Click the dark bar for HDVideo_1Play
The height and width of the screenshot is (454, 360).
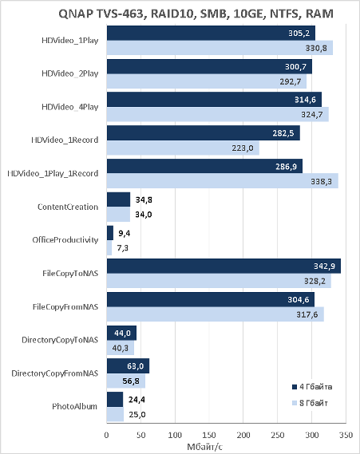[x=211, y=33]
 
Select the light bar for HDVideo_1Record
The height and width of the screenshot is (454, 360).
[x=183, y=148]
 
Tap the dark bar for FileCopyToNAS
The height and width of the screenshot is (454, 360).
[x=224, y=266]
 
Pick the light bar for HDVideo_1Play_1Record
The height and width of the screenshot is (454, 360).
[x=223, y=181]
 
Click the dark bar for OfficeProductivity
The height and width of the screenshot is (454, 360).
[x=110, y=233]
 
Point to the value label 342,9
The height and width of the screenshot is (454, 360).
[x=324, y=266]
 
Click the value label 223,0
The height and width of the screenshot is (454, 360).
[x=243, y=148]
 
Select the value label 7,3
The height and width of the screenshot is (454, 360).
[x=122, y=248]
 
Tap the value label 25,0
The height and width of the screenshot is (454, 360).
[x=137, y=415]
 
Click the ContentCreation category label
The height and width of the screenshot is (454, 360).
[x=68, y=207]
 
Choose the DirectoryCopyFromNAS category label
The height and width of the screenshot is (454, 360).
[x=55, y=373]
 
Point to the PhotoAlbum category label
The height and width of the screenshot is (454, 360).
[x=75, y=406]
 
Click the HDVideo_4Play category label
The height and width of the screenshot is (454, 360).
[x=70, y=107]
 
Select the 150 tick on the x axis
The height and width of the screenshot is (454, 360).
[x=209, y=435]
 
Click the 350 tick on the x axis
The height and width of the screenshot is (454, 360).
[x=346, y=435]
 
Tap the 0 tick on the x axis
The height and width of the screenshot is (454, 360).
[x=107, y=435]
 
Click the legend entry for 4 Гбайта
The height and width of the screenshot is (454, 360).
[x=312, y=387]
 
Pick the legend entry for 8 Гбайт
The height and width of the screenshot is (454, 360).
[x=310, y=403]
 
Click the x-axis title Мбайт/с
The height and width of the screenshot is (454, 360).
[x=205, y=447]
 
